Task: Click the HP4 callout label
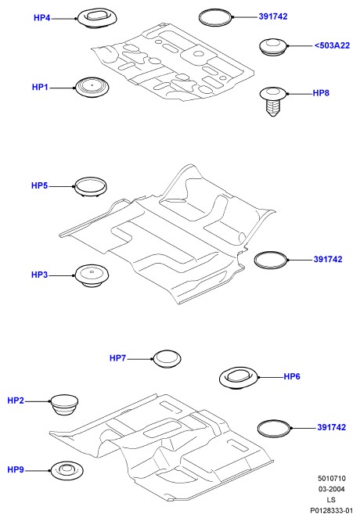pos(42,18)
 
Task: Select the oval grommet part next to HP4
pos(97,19)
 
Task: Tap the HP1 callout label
pos(40,87)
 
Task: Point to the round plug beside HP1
pos(92,88)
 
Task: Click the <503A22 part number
pos(332,45)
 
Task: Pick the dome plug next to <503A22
pos(273,46)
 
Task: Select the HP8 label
pos(321,93)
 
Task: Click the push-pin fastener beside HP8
pos(273,102)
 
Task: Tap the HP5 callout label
pos(40,185)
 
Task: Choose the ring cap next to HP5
pos(91,187)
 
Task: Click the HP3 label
pos(40,275)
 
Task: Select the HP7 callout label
pos(117,358)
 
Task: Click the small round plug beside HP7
pos(167,358)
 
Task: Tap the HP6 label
pos(292,376)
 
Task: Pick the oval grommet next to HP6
pos(239,378)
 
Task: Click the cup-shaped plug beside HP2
pos(64,404)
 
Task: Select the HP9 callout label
pos(16,470)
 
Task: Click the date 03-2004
pos(331,489)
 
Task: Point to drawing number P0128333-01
pos(331,510)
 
